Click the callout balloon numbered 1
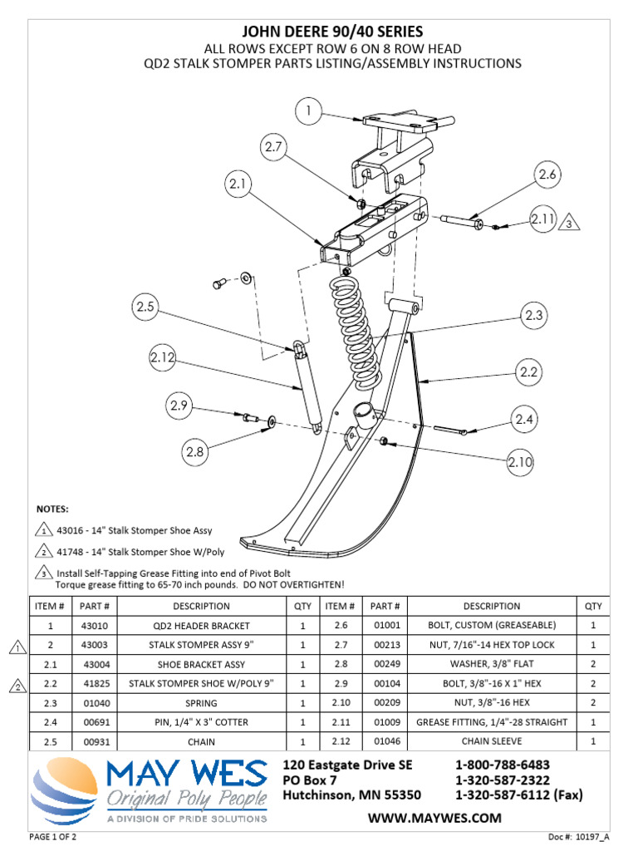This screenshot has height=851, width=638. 308,111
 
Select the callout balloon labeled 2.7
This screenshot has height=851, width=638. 274,147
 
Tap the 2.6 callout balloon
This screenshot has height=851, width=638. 546,175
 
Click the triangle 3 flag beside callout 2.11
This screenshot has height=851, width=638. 568,222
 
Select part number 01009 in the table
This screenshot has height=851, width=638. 385,721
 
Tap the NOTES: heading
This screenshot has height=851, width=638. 53,509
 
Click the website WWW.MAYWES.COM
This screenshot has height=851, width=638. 434,818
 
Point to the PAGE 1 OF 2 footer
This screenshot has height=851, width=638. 53,835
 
